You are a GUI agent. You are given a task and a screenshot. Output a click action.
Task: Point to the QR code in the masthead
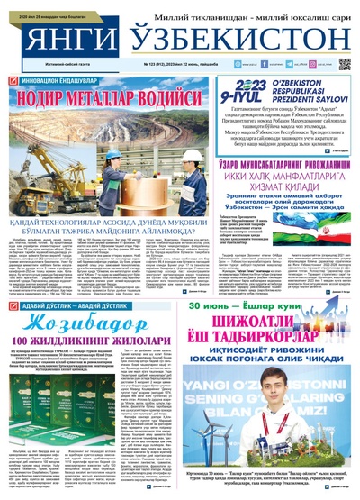pyautogui.click(x=344, y=64)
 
